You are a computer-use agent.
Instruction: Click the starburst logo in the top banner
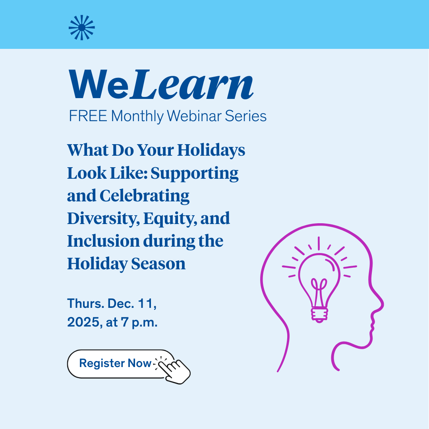tap(82, 27)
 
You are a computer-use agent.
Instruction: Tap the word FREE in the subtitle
tap(88, 116)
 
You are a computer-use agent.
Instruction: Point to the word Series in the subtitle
tap(246, 116)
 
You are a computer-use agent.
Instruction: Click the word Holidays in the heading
tap(211, 151)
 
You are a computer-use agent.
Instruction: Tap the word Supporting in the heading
tap(195, 174)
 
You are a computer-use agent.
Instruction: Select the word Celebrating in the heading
tap(145, 196)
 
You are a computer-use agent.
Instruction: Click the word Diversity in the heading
tap(102, 218)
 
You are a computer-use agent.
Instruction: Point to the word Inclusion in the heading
tap(103, 241)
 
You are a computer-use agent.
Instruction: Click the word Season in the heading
tap(158, 264)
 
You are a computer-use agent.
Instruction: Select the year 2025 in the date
tap(83, 322)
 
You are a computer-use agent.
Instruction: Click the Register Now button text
tap(115, 363)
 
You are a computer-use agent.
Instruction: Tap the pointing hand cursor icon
tap(174, 370)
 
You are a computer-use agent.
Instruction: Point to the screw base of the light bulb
tap(319, 315)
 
